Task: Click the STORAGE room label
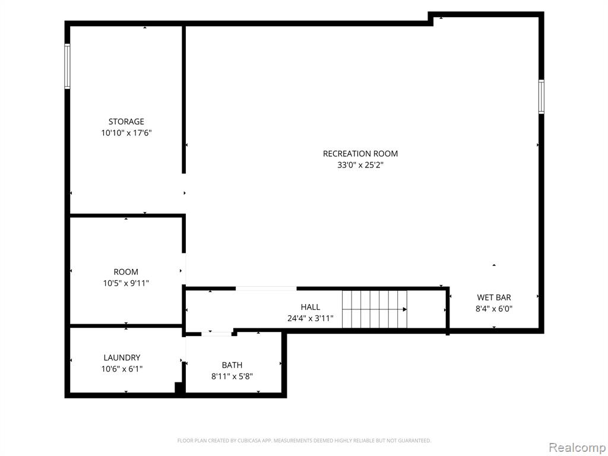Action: [x=126, y=122]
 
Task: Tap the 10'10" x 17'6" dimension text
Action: [x=126, y=133]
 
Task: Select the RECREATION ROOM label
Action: [x=360, y=154]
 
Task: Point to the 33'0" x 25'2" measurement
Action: [x=360, y=165]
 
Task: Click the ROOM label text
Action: [x=126, y=272]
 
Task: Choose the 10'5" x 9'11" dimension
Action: [x=126, y=283]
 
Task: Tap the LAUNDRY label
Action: [x=122, y=358]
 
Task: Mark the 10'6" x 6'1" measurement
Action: [x=122, y=369]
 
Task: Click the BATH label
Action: [x=232, y=365]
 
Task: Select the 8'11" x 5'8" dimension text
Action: [x=232, y=376]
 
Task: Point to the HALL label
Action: [x=310, y=308]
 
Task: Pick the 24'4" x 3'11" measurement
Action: [x=310, y=319]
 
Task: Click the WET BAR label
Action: [x=493, y=298]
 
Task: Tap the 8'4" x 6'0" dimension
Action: [x=494, y=309]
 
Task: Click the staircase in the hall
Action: [x=375, y=309]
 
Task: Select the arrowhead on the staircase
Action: [x=405, y=309]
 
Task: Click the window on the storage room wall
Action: [x=68, y=66]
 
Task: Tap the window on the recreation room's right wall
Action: [x=541, y=97]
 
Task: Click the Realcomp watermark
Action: [x=577, y=448]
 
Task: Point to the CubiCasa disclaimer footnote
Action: [x=304, y=441]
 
